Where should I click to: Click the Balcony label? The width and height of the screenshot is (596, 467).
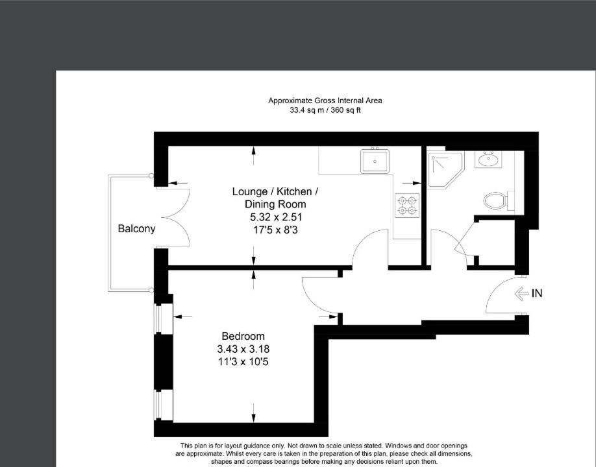(136, 228)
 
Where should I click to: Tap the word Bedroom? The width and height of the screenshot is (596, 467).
(243, 336)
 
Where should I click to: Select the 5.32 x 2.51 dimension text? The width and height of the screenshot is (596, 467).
(276, 217)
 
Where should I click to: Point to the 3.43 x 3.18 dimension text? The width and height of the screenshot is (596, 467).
(243, 349)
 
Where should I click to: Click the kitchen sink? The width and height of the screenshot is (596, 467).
(375, 161)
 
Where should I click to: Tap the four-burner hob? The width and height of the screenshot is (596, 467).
(407, 206)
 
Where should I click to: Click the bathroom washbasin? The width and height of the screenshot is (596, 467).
(488, 159)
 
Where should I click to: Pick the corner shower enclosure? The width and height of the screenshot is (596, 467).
(445, 169)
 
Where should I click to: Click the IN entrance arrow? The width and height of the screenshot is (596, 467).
(521, 293)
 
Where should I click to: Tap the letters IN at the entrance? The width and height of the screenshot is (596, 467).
(537, 293)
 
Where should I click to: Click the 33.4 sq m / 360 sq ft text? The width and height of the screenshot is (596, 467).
(325, 110)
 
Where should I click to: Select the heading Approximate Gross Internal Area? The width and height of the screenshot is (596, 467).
(325, 101)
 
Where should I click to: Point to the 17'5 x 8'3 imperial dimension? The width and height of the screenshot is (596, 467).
(275, 230)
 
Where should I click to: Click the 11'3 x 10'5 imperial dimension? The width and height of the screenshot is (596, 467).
(243, 362)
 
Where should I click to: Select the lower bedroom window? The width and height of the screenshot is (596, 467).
(158, 405)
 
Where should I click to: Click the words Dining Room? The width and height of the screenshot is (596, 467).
(275, 204)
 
